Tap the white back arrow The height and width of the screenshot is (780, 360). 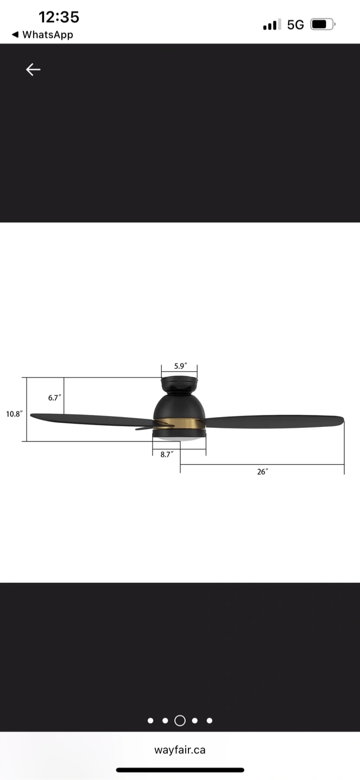pos(33,70)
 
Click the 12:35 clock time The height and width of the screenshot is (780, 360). pos(59,17)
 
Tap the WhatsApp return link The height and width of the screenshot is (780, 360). pos(42,35)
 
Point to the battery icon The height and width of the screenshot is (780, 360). pos(323,24)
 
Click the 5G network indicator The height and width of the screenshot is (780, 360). pos(295,25)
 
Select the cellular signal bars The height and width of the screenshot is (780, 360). pos(272,25)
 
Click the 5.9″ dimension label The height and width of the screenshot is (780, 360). pos(180,366)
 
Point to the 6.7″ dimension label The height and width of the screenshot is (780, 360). pos(55,398)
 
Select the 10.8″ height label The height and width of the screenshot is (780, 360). pos(14,414)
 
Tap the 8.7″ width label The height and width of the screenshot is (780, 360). pos(167,454)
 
